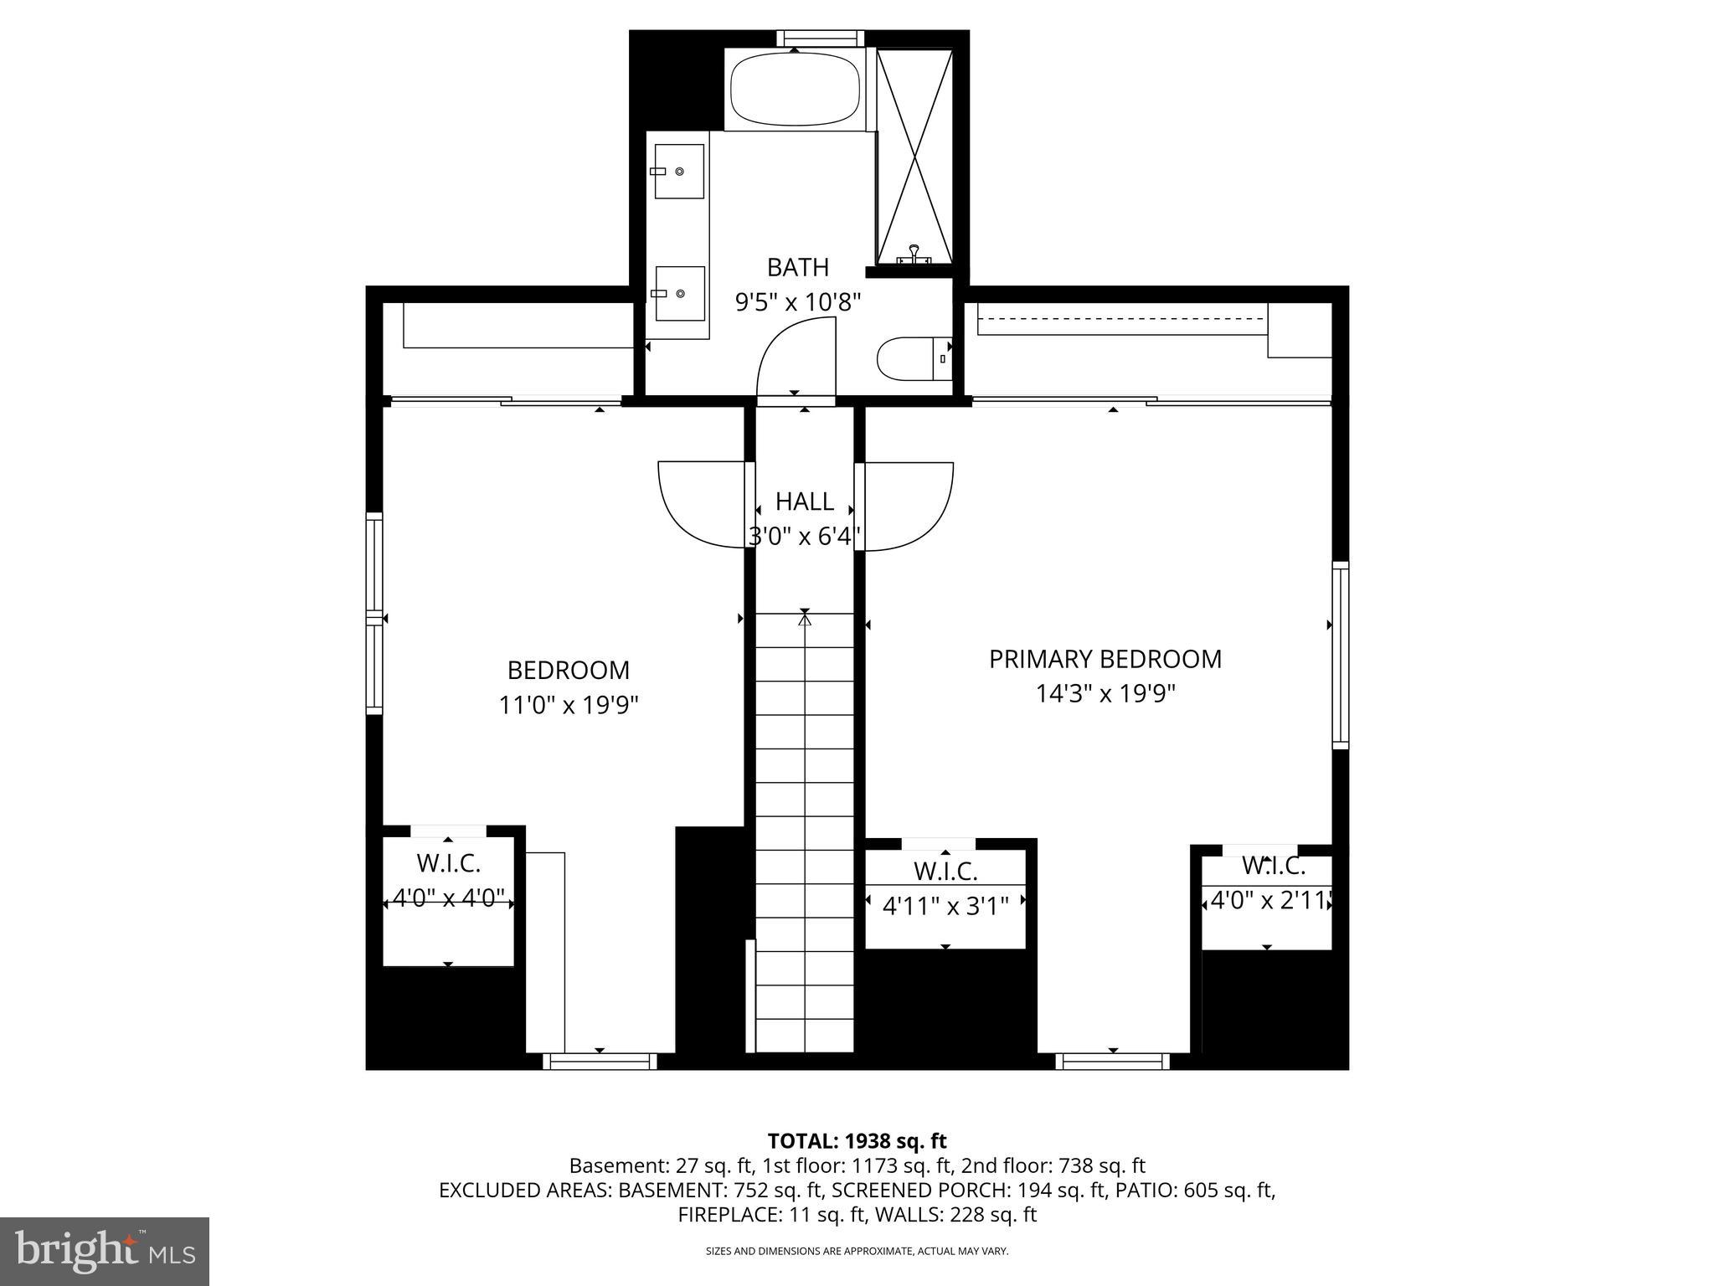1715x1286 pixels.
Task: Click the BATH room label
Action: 798,267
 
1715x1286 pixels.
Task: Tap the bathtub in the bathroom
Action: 795,90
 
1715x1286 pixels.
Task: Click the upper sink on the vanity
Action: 678,171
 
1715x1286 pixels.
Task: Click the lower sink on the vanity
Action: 679,294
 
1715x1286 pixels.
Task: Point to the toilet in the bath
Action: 913,359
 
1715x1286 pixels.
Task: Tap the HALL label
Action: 804,502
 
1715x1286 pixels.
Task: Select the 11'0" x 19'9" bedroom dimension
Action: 569,705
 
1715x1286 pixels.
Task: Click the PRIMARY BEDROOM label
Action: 1105,659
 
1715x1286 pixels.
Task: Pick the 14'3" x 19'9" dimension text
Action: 1105,694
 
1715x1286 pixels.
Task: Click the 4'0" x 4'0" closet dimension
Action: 448,899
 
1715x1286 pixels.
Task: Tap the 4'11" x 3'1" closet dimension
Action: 945,905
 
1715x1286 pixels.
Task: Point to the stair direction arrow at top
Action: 805,620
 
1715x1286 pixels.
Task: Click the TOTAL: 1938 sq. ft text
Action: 857,1140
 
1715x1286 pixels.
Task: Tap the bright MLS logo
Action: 105,1251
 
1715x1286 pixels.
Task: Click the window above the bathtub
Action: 820,39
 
